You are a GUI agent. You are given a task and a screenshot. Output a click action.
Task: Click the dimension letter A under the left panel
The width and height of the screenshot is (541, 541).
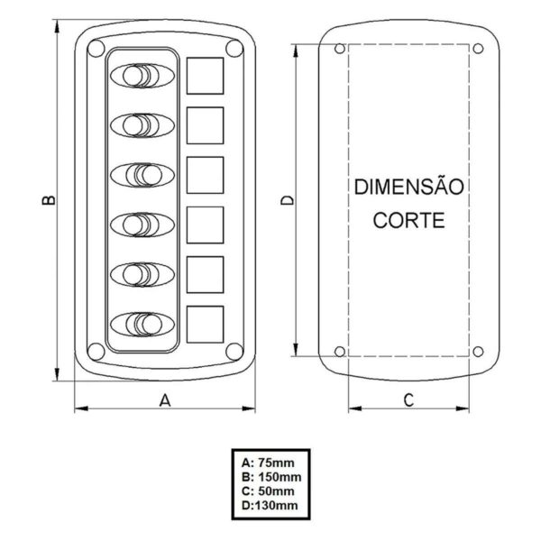[x=164, y=399]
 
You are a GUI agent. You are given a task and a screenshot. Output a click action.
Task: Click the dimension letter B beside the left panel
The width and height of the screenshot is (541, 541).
[x=50, y=200]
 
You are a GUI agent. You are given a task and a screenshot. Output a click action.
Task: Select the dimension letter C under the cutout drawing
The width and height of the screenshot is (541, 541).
[x=408, y=399]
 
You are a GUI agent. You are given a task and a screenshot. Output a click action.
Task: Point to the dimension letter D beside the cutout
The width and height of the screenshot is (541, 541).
[x=287, y=200]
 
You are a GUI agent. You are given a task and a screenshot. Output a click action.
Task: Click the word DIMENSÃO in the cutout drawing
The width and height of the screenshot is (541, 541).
[x=408, y=188]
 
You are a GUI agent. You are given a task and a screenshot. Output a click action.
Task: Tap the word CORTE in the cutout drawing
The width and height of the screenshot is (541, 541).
[x=408, y=219]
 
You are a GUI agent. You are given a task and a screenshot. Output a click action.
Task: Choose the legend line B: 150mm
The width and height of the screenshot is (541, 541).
[x=268, y=475]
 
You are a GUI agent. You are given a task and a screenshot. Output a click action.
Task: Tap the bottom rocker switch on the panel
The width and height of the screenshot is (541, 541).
[x=144, y=322]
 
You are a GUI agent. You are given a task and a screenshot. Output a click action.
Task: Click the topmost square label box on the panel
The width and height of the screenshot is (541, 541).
[x=206, y=74]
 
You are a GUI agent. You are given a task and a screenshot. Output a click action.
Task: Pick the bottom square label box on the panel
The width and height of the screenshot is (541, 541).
[x=206, y=322]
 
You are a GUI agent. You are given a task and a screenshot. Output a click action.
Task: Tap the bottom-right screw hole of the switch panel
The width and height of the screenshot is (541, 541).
[x=233, y=351]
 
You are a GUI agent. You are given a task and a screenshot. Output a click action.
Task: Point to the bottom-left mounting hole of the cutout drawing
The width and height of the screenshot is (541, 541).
[x=339, y=351]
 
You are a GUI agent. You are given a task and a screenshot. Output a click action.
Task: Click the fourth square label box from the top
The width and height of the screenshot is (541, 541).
[x=206, y=222]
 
